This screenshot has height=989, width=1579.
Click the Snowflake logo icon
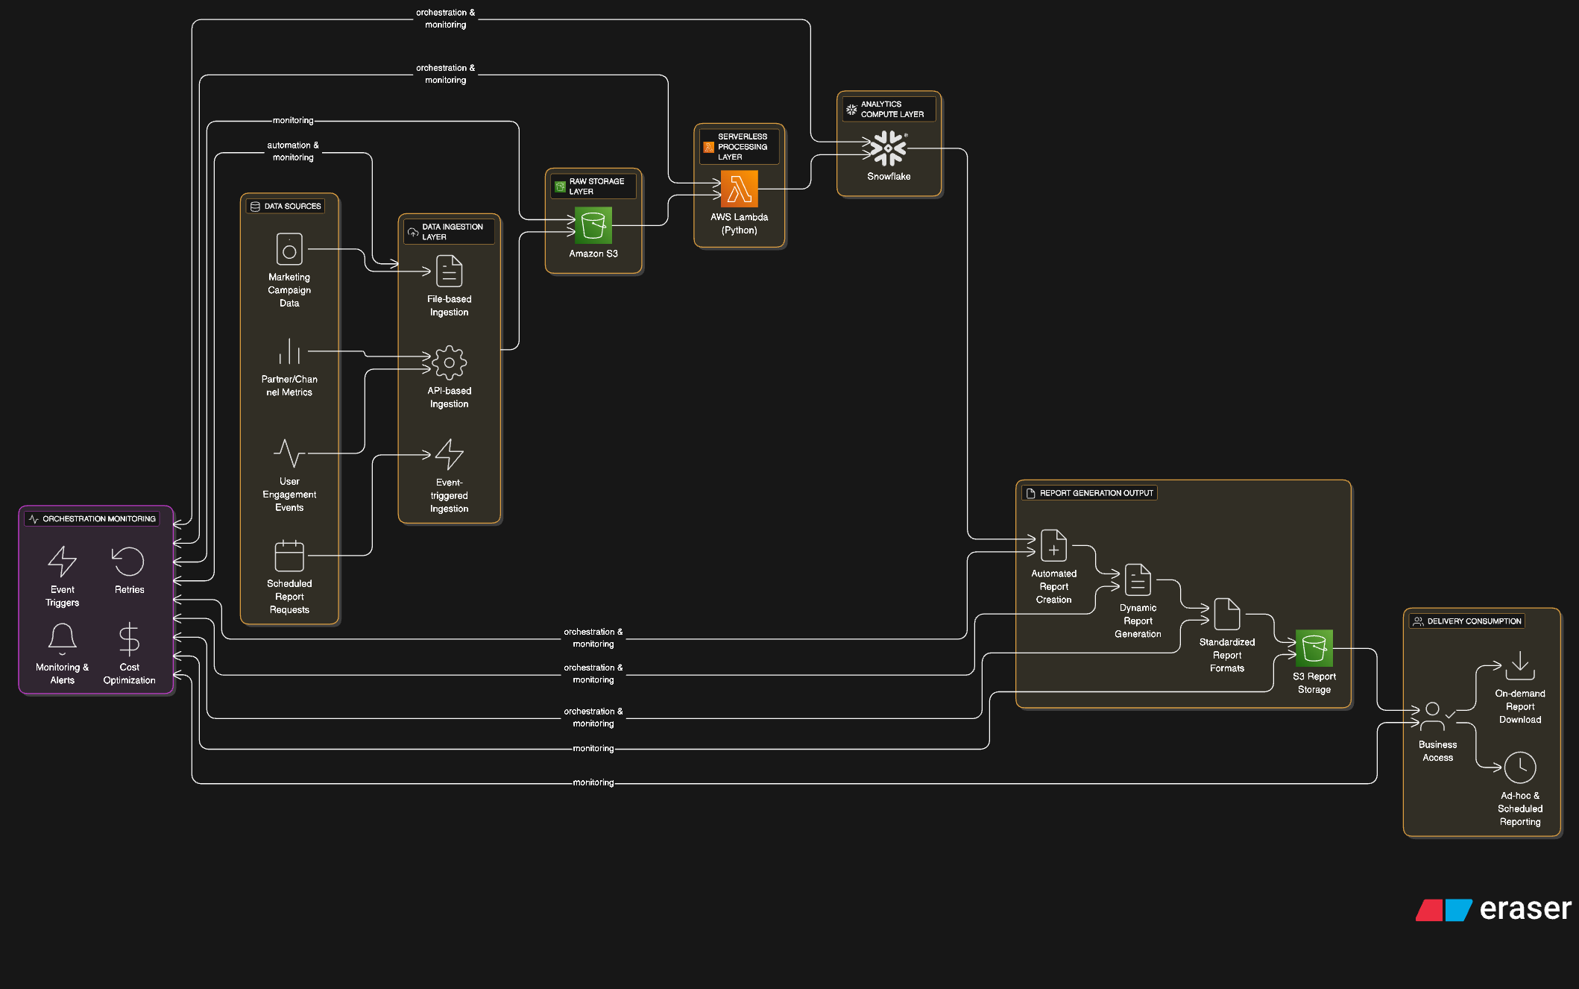[888, 148]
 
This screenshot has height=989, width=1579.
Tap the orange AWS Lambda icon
[739, 189]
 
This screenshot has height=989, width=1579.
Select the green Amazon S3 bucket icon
[593, 225]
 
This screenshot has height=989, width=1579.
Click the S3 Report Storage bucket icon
[1314, 648]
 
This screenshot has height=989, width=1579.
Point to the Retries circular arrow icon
[128, 562]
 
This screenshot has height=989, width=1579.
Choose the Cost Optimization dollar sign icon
[129, 639]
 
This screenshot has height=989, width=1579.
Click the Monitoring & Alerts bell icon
[63, 639]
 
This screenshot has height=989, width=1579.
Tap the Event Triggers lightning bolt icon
[63, 562]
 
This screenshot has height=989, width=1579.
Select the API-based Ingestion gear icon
[450, 362]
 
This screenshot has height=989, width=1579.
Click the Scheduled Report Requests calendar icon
[289, 556]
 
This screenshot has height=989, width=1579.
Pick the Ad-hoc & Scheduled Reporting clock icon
[1519, 767]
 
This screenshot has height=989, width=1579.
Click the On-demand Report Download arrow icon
[1519, 665]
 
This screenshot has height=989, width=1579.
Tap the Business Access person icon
[1432, 716]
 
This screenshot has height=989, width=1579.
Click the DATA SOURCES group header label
[286, 207]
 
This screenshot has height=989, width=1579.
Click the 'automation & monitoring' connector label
[293, 151]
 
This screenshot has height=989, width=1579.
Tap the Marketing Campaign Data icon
[289, 249]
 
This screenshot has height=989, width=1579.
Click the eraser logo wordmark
[1525, 909]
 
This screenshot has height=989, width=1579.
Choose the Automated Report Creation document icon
[1053, 545]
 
